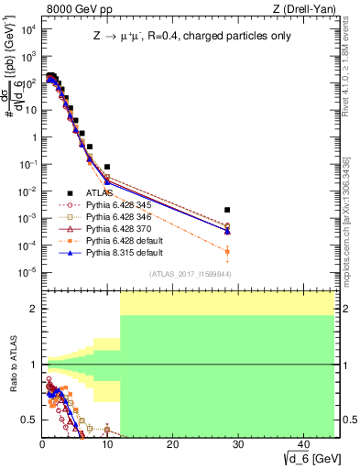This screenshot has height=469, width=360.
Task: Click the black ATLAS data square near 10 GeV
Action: [107, 167]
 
